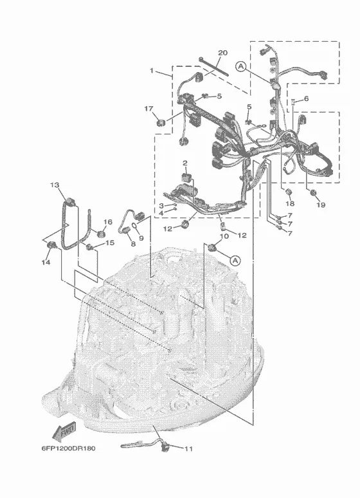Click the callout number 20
click(x=223, y=53)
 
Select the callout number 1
click(x=152, y=71)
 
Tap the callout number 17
click(x=149, y=109)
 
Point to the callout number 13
click(x=55, y=185)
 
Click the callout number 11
click(x=188, y=448)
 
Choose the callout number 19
click(x=321, y=205)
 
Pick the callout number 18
click(x=290, y=203)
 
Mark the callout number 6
click(x=307, y=98)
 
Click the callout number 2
click(x=184, y=163)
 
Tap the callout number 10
click(x=224, y=236)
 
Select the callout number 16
click(x=108, y=222)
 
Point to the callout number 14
click(x=46, y=262)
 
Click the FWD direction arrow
click(x=64, y=432)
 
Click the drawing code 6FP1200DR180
click(x=68, y=448)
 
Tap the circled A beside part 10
click(x=235, y=261)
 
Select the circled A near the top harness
click(x=241, y=66)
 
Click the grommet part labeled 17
click(x=161, y=122)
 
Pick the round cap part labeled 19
click(x=313, y=192)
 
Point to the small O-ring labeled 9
click(x=134, y=226)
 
